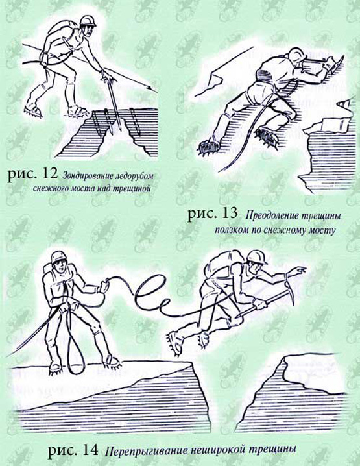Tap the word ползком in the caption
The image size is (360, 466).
tap(230, 230)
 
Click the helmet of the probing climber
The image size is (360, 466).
tap(88, 21)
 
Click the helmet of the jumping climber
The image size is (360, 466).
tap(258, 256)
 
